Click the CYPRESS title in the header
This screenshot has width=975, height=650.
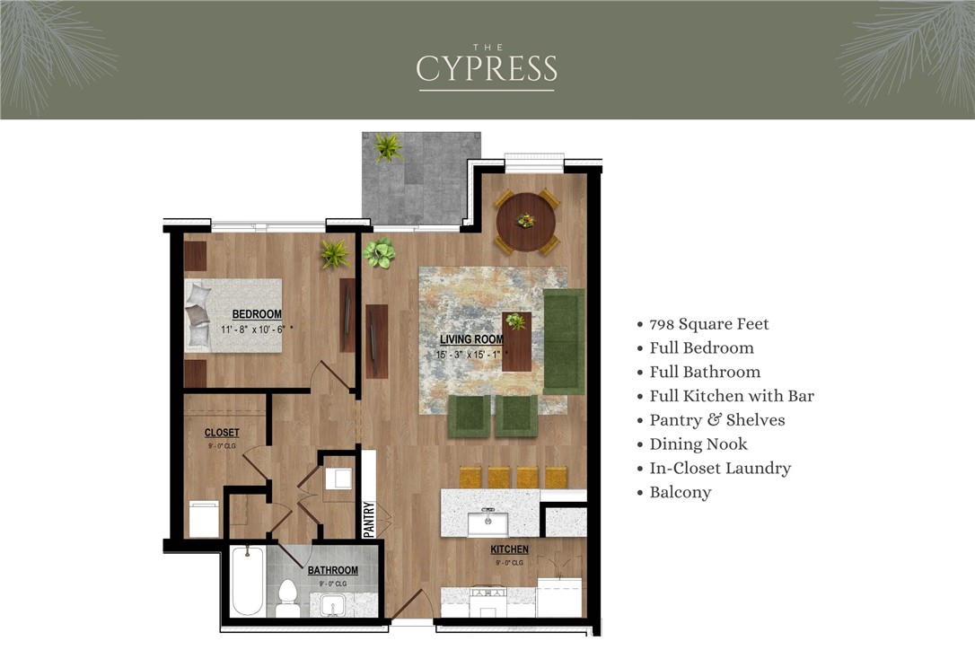[x=487, y=68]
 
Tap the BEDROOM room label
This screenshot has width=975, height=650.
[x=257, y=314]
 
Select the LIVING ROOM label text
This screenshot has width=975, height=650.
[x=470, y=340]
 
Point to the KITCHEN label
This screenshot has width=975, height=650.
[x=509, y=549]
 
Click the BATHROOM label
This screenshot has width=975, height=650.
[x=332, y=570]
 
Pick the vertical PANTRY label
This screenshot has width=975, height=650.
[x=368, y=519]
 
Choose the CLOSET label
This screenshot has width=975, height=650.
[x=222, y=433]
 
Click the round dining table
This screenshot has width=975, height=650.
[x=526, y=221]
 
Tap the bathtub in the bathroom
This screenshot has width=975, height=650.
[x=245, y=582]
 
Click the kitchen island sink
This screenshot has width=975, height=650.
[x=488, y=521]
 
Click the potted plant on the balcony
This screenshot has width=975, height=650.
[x=389, y=146]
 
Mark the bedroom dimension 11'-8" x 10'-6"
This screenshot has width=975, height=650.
[x=257, y=329]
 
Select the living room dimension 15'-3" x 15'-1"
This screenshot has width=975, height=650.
[x=471, y=355]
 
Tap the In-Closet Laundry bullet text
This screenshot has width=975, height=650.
[x=720, y=468]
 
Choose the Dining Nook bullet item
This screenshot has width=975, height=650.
[x=698, y=444]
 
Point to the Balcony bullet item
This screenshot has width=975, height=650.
[x=680, y=492]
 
